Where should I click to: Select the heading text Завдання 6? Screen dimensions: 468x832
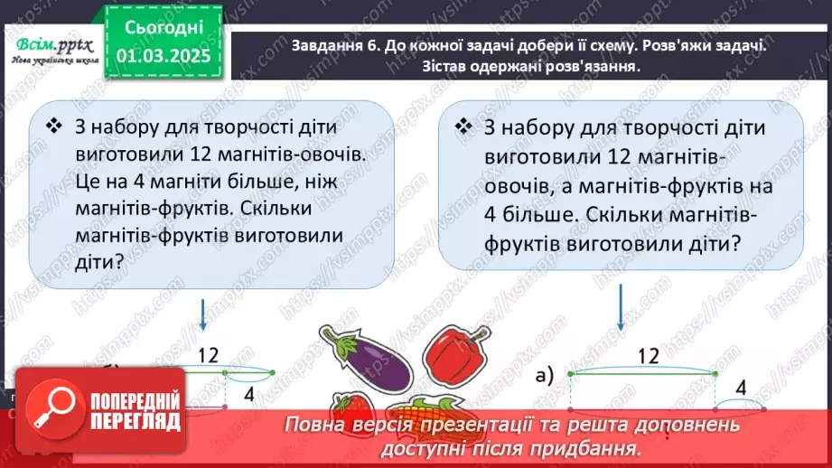click(310, 50)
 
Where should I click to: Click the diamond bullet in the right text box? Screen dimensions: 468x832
click(464, 125)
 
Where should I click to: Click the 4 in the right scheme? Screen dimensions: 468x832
click(741, 388)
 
